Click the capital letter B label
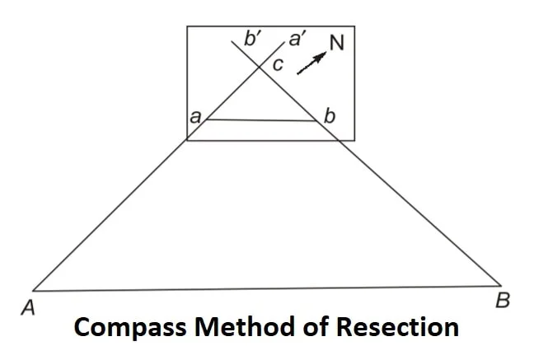(x=503, y=300)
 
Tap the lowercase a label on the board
(x=195, y=118)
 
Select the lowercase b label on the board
(x=330, y=117)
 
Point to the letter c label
(x=279, y=66)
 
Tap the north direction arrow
(x=311, y=63)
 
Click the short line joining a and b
(x=262, y=120)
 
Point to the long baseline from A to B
(x=264, y=288)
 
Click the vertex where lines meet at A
(x=34, y=290)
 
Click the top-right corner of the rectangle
(x=354, y=27)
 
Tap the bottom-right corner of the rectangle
(x=354, y=140)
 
